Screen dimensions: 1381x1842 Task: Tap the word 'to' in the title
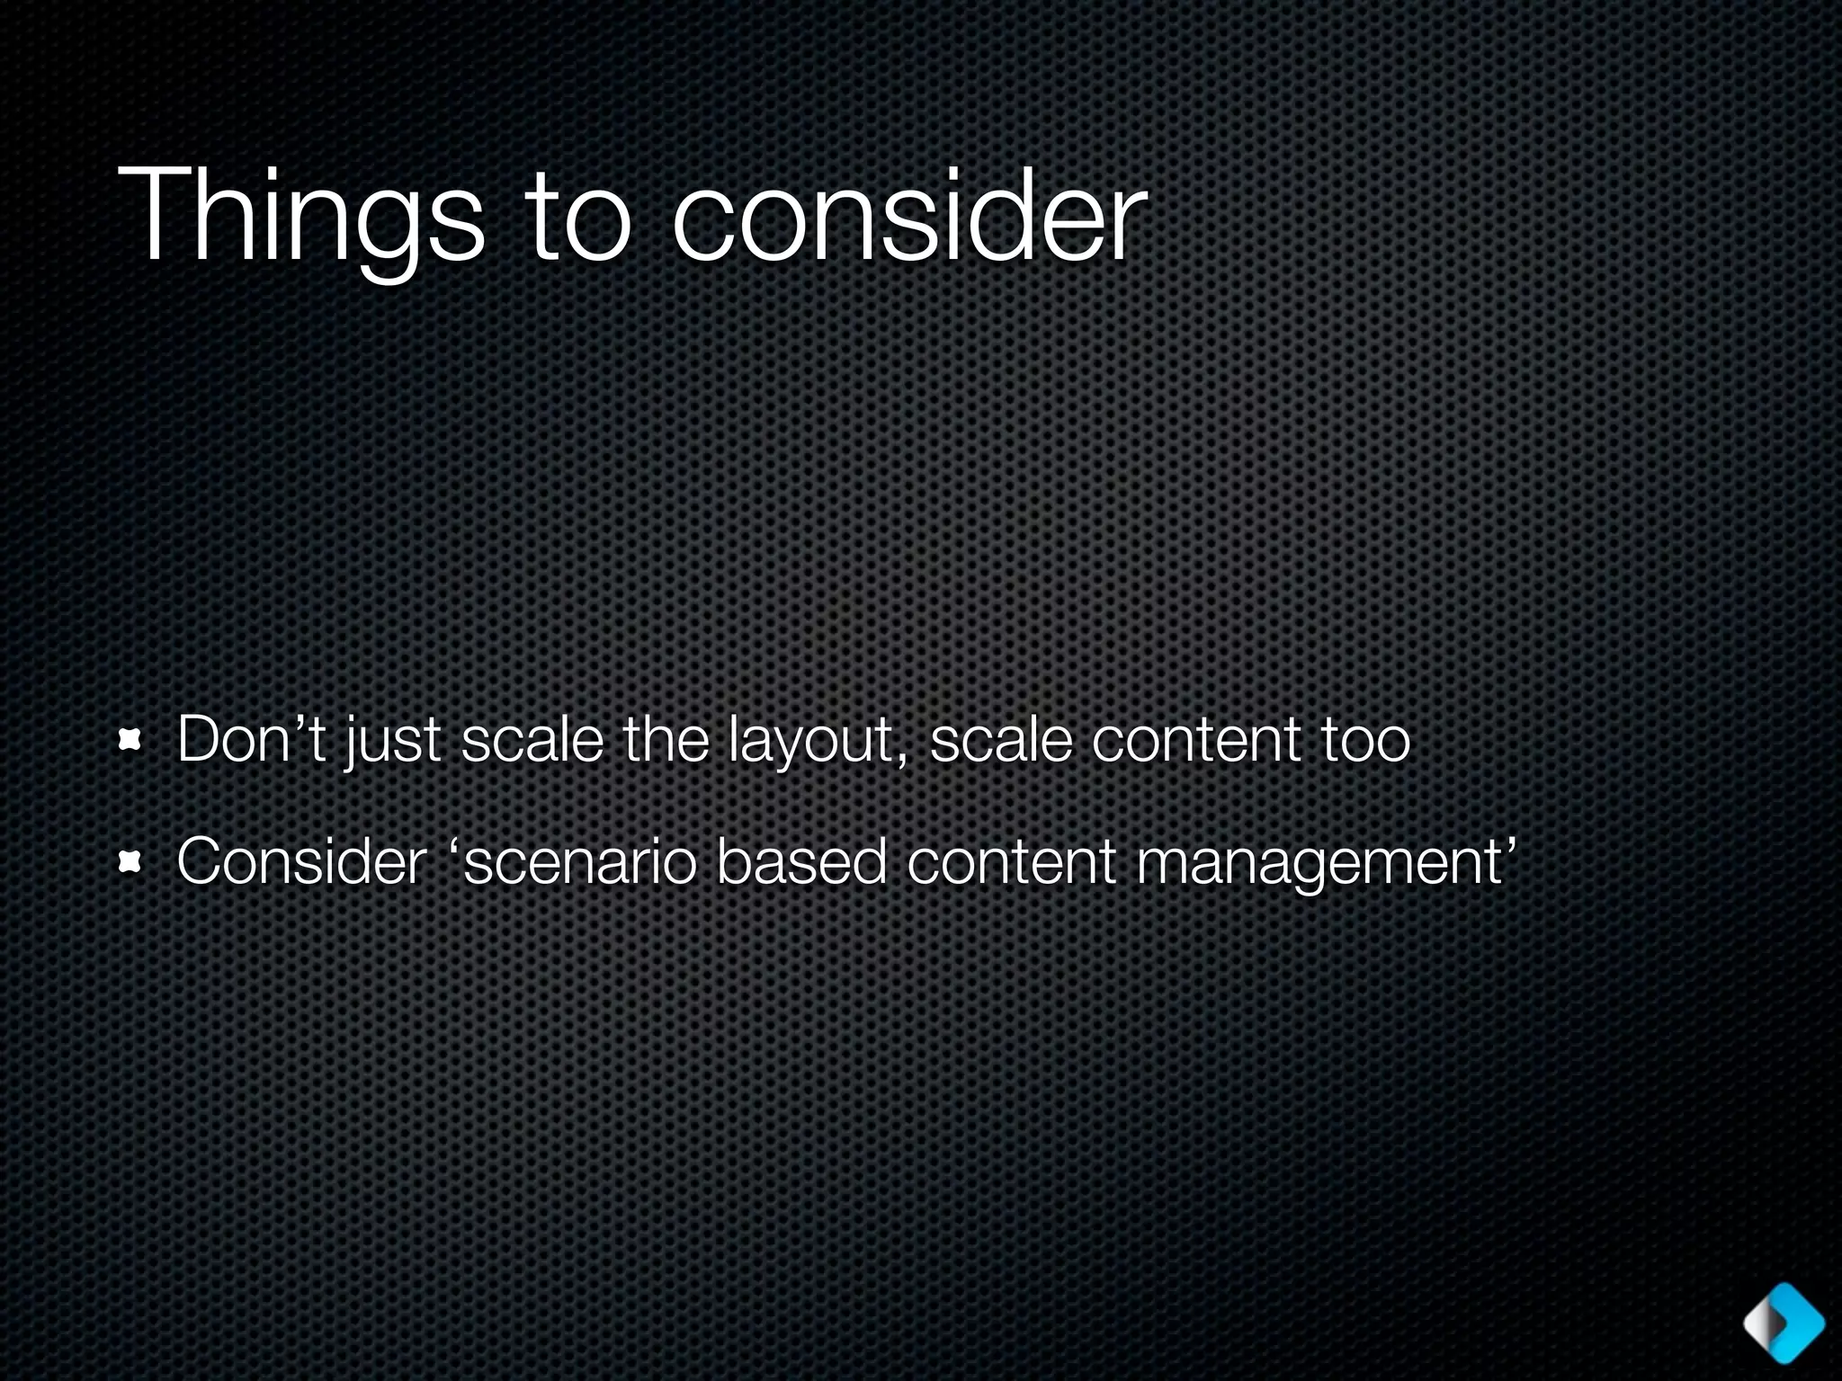(577, 218)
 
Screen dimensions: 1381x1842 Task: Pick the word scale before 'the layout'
(532, 739)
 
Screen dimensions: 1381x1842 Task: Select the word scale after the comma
(1001, 739)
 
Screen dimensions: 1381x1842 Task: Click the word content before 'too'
(1195, 739)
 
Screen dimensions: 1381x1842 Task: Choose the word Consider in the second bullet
(301, 861)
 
